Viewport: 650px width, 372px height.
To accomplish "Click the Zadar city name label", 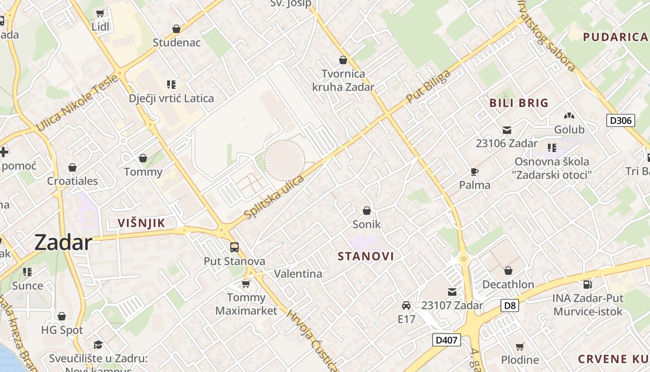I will (x=63, y=243).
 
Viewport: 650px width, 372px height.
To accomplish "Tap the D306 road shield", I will (x=621, y=120).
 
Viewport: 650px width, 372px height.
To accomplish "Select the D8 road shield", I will (x=509, y=306).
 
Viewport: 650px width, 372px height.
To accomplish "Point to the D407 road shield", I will (x=446, y=340).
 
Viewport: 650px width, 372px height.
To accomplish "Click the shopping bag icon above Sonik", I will (x=367, y=211).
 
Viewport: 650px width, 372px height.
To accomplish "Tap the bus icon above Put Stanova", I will (x=234, y=247).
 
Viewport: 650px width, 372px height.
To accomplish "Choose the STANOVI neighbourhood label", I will (x=366, y=256).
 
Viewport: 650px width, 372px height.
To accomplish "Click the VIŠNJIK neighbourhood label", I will (x=141, y=223).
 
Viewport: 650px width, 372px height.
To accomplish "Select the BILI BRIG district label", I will (x=519, y=103).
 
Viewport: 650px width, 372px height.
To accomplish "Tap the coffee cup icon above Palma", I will (x=474, y=172).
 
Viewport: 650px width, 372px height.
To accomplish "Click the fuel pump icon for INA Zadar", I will (x=587, y=284).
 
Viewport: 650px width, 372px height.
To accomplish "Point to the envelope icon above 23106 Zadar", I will (x=507, y=130).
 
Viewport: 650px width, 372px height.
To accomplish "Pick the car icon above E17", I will (x=406, y=306).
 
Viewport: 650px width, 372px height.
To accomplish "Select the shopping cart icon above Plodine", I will (x=520, y=346).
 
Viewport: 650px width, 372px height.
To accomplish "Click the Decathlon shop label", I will (x=508, y=284).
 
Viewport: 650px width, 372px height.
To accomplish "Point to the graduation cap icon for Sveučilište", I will (x=98, y=345).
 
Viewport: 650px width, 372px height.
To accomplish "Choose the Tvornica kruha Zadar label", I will (x=343, y=80).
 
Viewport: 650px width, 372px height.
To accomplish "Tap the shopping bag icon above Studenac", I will (x=176, y=29).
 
